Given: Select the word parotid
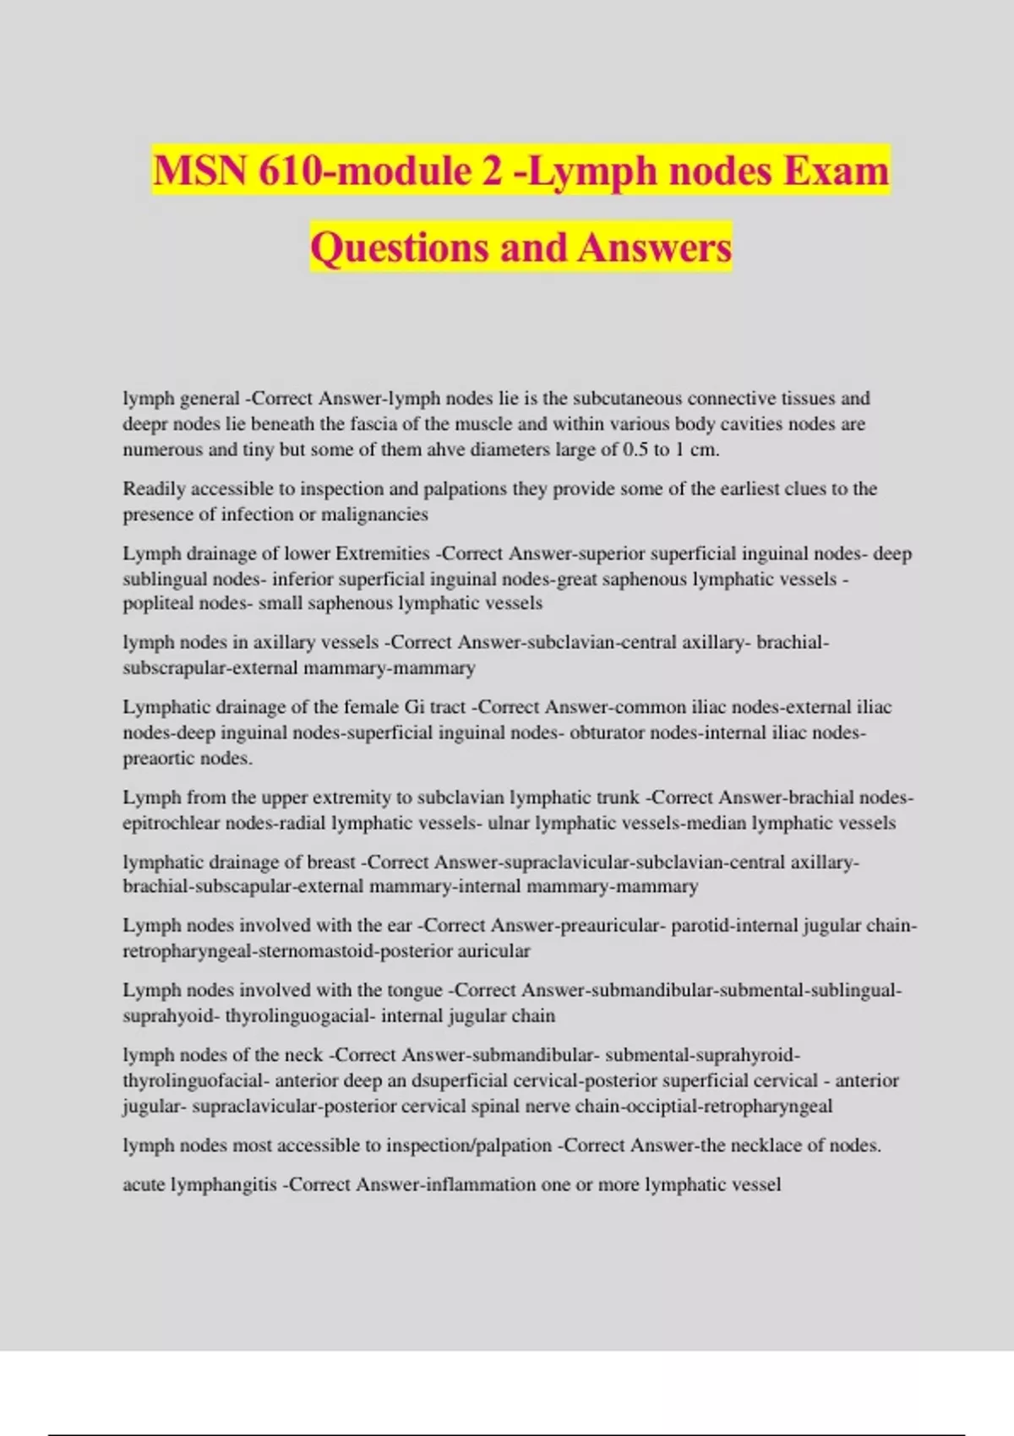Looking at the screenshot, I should point(701,926).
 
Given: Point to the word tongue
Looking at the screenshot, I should point(414,990).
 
